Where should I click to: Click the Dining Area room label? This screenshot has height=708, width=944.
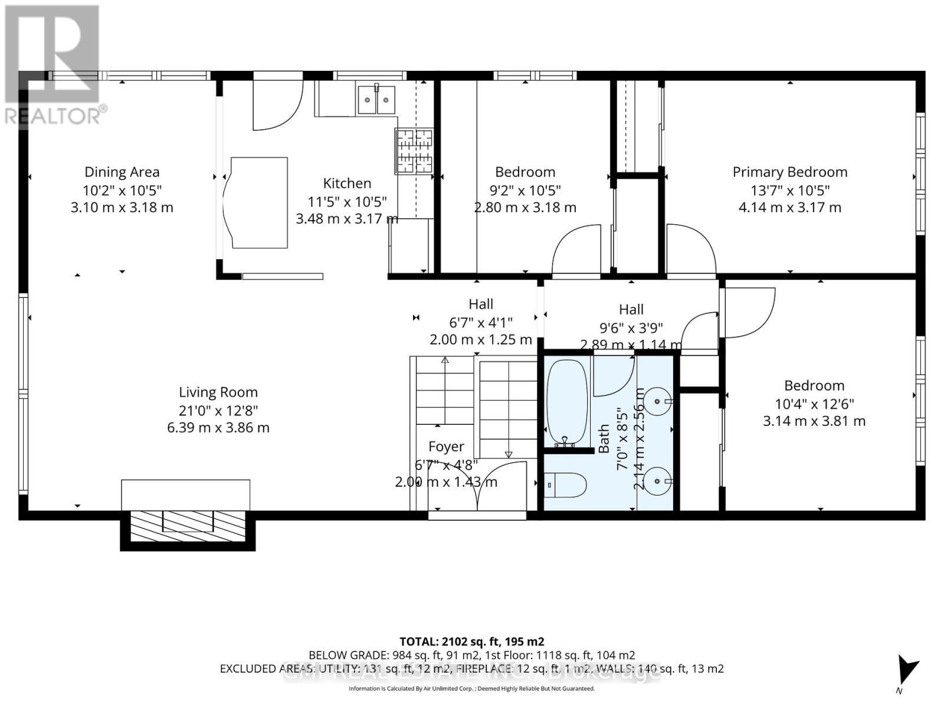[122, 172]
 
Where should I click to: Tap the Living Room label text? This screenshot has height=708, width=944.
[218, 392]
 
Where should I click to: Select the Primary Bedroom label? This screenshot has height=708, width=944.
[789, 172]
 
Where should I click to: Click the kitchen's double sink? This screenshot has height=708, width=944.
[376, 99]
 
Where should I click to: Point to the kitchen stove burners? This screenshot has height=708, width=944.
[414, 152]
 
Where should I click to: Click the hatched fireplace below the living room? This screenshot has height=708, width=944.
[188, 526]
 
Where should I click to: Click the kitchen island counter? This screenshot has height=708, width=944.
[258, 202]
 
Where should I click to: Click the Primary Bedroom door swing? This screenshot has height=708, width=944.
[690, 249]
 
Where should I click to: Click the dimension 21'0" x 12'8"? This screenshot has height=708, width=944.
[218, 410]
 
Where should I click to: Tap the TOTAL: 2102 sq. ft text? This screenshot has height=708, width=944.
[471, 641]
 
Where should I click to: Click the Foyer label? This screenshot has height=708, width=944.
[446, 447]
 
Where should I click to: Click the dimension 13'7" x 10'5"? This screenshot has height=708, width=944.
[789, 190]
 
